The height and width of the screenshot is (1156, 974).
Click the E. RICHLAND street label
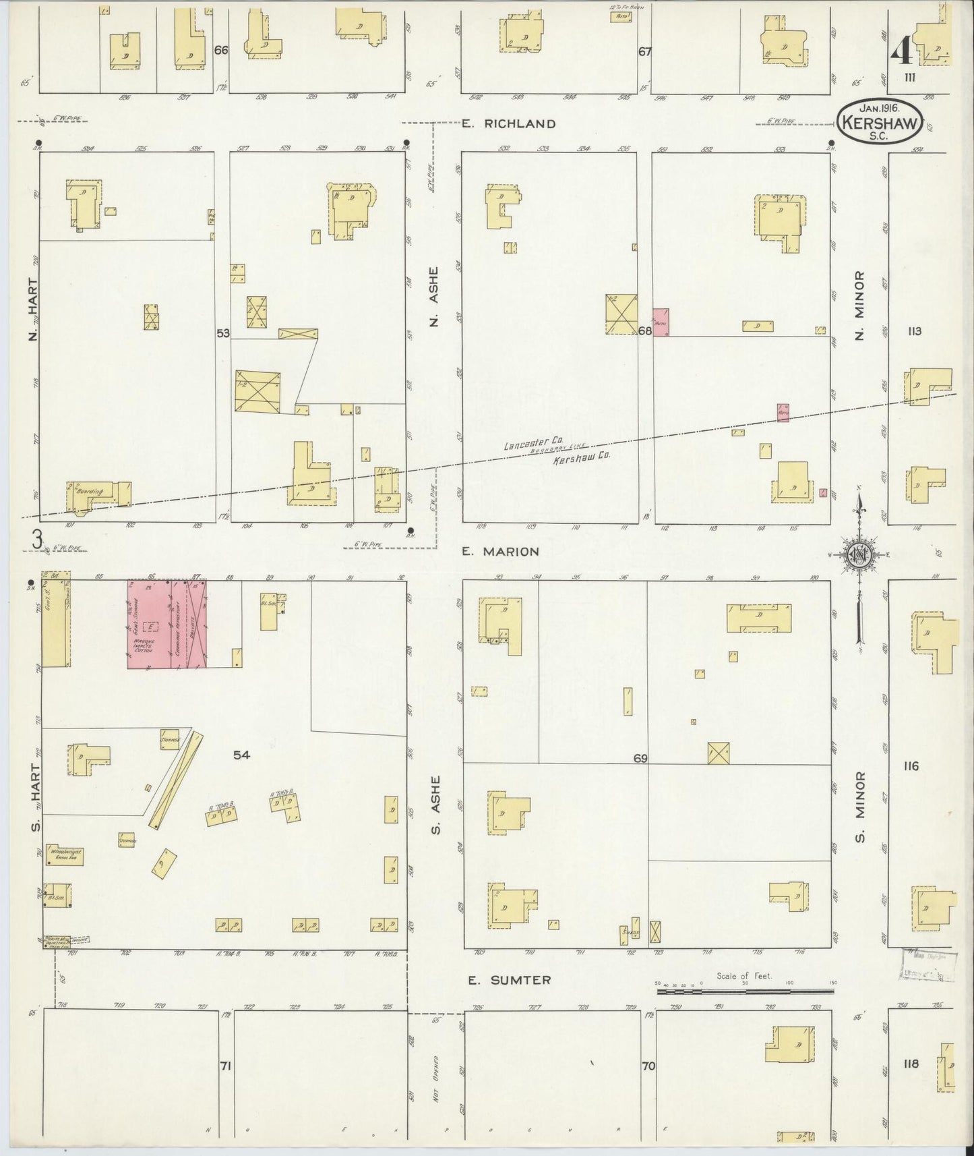pyautogui.click(x=509, y=123)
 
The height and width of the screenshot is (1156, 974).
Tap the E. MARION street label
pyautogui.click(x=500, y=552)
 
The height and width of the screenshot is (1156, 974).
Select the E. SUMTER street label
pyautogui.click(x=510, y=980)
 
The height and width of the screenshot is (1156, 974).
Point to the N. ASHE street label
pyautogui.click(x=434, y=297)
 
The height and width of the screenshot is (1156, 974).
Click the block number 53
pyautogui.click(x=223, y=333)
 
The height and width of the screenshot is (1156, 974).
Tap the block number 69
pyautogui.click(x=640, y=759)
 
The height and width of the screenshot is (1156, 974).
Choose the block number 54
pyautogui.click(x=241, y=755)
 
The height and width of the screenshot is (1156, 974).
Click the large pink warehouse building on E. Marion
pyautogui.click(x=167, y=624)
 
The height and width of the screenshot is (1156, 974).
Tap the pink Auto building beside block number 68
pyautogui.click(x=661, y=322)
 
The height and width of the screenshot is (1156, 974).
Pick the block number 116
pyautogui.click(x=911, y=766)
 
